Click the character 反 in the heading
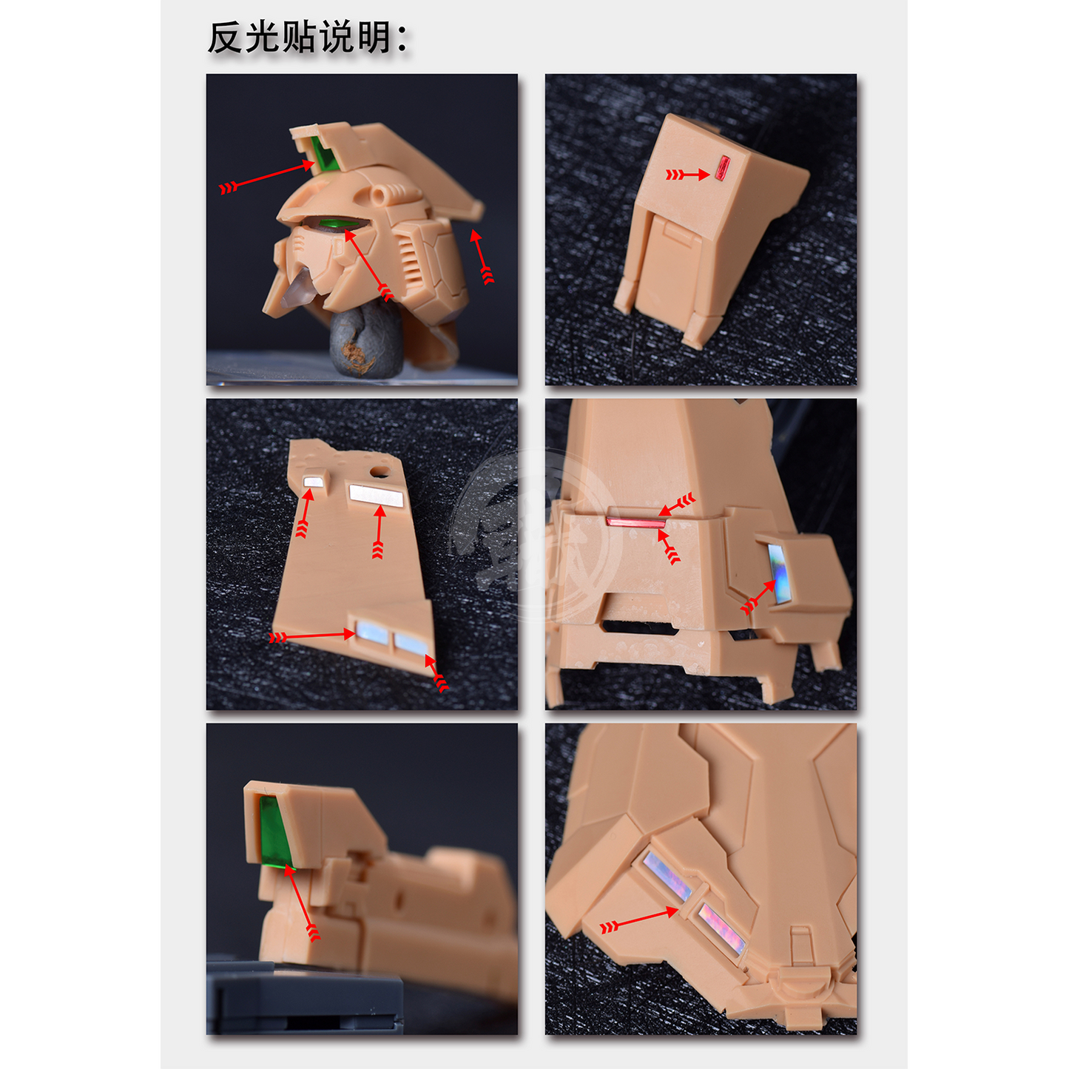(x=225, y=38)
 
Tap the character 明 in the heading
(x=374, y=38)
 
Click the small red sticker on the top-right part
(x=722, y=168)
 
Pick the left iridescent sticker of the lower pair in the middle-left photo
(x=371, y=634)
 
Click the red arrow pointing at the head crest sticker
(x=267, y=174)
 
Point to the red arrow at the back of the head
(x=482, y=257)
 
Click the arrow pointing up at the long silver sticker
(x=378, y=533)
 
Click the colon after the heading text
(x=402, y=38)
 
